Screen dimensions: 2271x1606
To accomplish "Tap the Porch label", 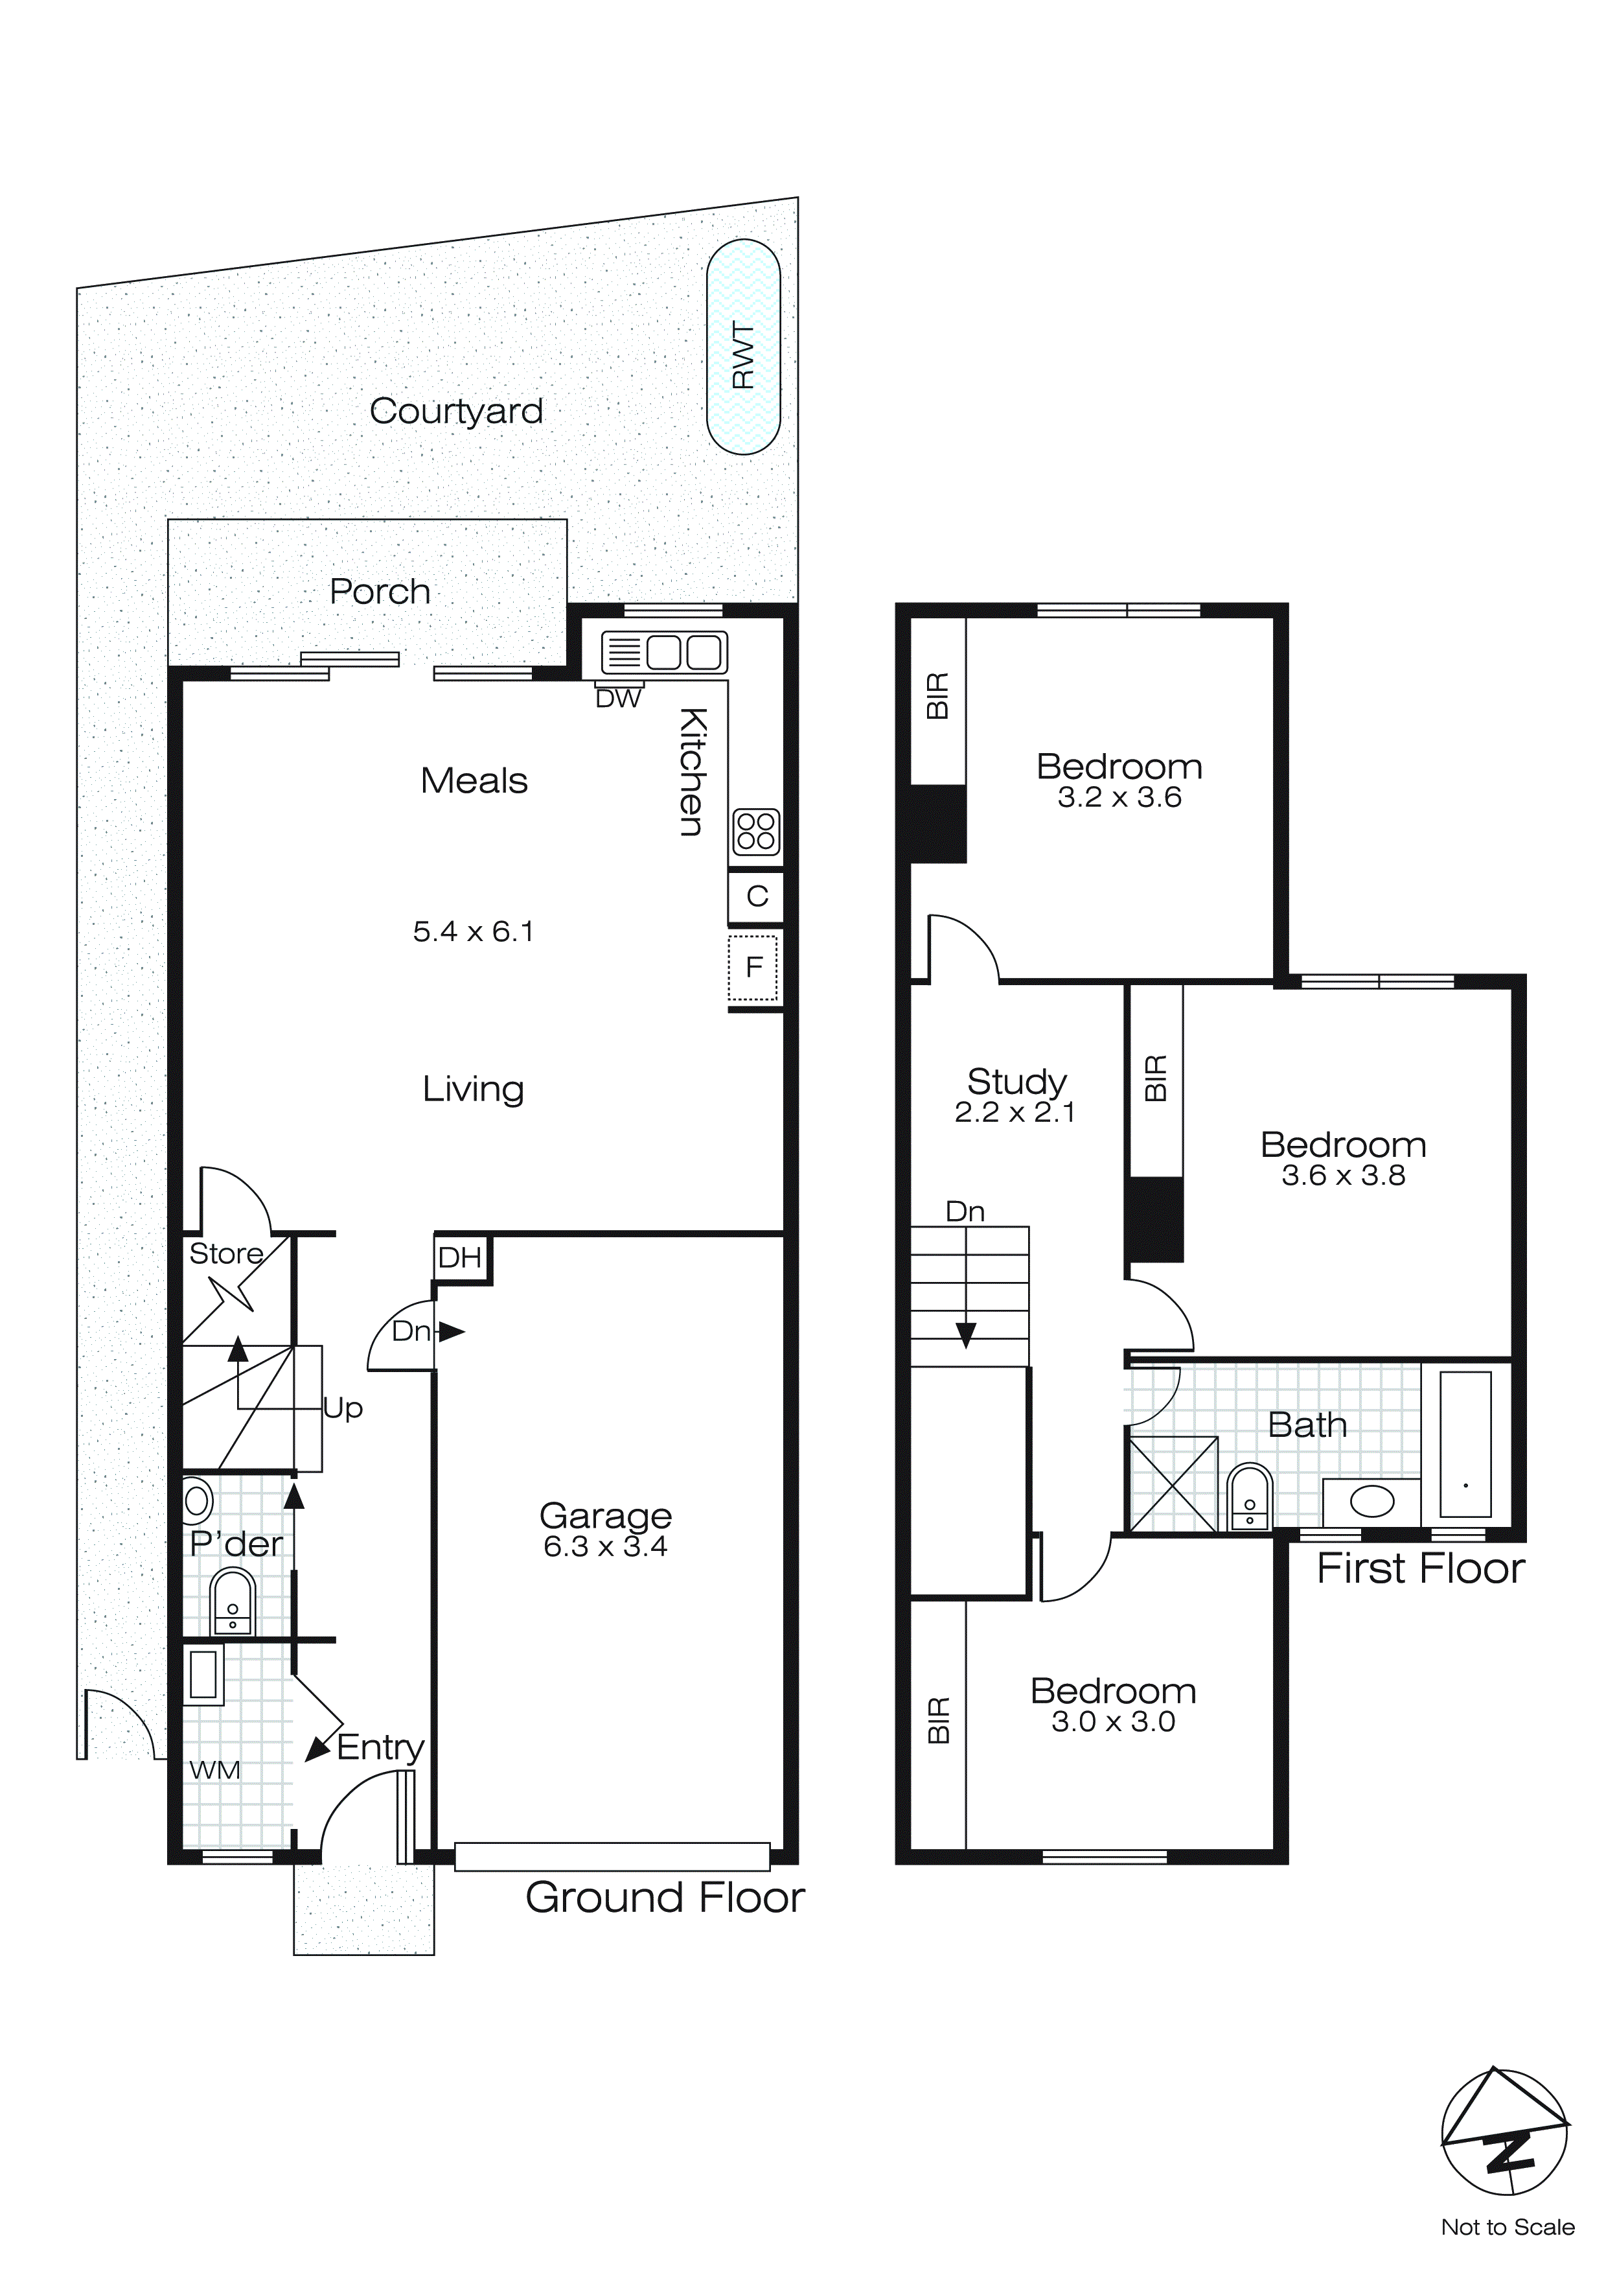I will [x=380, y=592].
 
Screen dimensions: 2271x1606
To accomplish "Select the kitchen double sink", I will [x=665, y=652].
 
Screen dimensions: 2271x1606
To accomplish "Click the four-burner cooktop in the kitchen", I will [x=757, y=832].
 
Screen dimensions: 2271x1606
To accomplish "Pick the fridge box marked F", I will [x=753, y=966].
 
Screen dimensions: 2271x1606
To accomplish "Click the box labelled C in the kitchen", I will [x=757, y=896].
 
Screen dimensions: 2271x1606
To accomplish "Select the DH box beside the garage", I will [x=460, y=1258].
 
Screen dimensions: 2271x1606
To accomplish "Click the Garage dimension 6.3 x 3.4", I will [x=605, y=1546].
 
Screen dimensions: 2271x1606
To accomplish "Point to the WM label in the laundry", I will [x=214, y=1769].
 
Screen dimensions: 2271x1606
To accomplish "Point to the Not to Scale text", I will [x=1507, y=2226].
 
